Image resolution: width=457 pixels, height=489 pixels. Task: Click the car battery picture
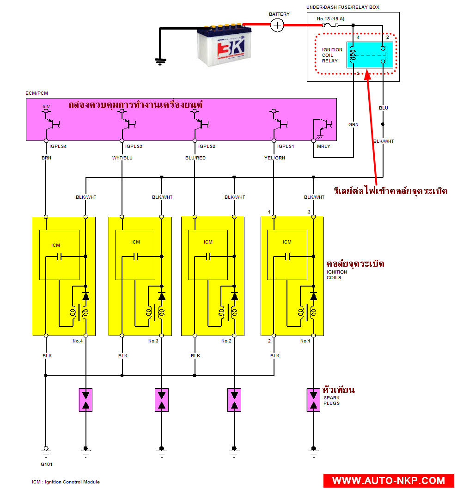point(221,45)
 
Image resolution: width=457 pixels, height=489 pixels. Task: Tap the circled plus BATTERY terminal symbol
point(277,25)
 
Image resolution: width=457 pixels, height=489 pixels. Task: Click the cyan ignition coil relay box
point(370,55)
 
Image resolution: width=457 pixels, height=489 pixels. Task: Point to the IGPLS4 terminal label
point(57,146)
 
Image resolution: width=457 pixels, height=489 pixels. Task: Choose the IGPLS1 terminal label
point(285,146)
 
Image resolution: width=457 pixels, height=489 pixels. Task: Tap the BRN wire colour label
point(46,158)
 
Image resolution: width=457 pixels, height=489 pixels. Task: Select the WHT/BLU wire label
point(122,158)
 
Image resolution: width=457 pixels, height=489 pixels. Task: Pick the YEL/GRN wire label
point(274,158)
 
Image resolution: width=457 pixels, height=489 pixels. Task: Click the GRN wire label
point(353,124)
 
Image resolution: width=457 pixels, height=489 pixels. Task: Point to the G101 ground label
point(46,464)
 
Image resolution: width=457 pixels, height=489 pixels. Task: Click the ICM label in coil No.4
point(56,245)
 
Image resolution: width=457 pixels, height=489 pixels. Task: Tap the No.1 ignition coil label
point(305,341)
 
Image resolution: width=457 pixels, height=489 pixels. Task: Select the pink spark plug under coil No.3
point(162,400)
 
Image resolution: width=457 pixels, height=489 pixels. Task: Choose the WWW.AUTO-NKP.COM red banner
point(388,481)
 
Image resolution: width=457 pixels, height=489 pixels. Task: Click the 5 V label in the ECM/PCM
point(46,106)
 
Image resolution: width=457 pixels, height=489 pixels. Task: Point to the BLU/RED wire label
point(195,158)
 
